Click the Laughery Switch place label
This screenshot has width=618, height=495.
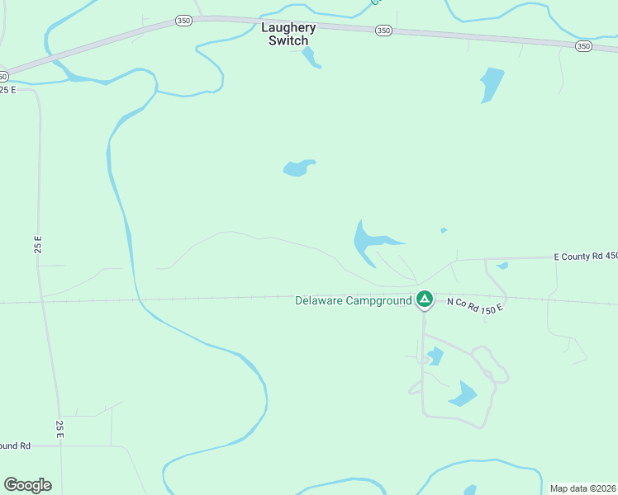coord(288,34)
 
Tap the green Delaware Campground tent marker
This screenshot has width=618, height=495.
coord(425,299)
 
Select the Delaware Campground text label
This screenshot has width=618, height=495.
coord(353,301)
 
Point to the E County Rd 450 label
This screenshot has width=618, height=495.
coord(586,257)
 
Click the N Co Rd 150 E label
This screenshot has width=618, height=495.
coord(475,305)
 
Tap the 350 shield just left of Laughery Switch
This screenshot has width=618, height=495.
coord(183,21)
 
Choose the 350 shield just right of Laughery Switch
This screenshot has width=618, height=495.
coord(383,31)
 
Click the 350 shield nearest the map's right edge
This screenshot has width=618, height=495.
coord(583,46)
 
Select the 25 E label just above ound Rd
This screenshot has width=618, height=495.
coord(59,427)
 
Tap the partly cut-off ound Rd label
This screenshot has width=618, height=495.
coord(15,445)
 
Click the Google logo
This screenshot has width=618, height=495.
coord(27,485)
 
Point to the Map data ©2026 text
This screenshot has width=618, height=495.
coord(582,488)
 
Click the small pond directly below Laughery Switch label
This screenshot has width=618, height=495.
coord(310,57)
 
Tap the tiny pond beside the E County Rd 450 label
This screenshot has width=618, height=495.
coord(502,266)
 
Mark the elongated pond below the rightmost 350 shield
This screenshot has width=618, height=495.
coord(491,84)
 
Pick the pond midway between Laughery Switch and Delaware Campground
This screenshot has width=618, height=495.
coord(298,168)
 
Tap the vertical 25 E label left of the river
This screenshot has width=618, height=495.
coord(37,245)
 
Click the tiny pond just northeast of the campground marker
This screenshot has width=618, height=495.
coord(444,230)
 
